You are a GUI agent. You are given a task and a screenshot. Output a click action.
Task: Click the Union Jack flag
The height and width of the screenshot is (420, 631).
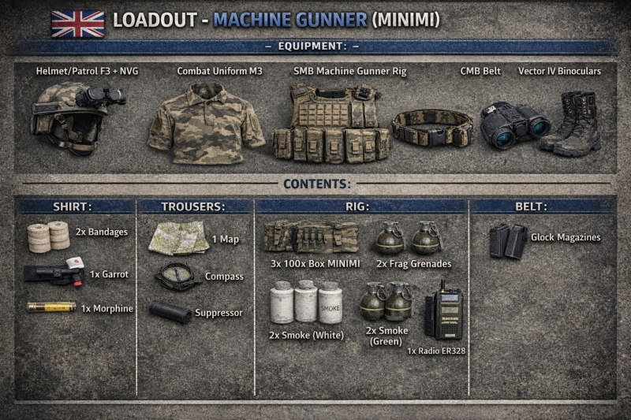pyautogui.click(x=78, y=23)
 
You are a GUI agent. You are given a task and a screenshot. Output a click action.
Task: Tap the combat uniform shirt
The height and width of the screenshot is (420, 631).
pyautogui.click(x=207, y=125)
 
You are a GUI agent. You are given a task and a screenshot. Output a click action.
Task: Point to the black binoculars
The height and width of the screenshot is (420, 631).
pyautogui.click(x=514, y=125)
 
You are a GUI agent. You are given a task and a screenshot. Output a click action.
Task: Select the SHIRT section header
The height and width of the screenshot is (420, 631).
pyautogui.click(x=73, y=206)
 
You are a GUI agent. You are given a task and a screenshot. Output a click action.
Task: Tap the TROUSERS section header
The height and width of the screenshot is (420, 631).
pyautogui.click(x=193, y=206)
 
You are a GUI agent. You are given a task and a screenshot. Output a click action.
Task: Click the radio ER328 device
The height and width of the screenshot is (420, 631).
pyautogui.click(x=443, y=312)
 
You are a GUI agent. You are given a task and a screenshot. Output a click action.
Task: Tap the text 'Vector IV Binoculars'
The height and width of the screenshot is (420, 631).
pyautogui.click(x=559, y=71)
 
